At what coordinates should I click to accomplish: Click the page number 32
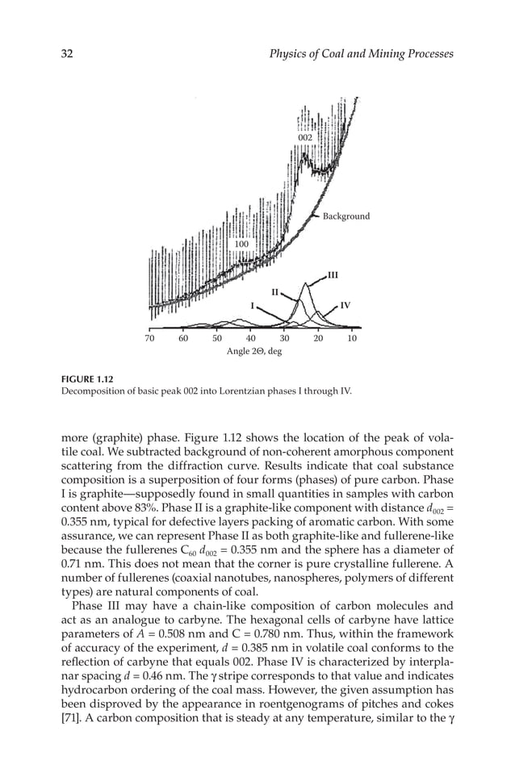click(68, 54)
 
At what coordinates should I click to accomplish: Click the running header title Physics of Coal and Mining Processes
click(361, 54)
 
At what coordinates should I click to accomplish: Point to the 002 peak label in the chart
click(304, 138)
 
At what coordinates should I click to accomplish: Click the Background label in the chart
click(346, 216)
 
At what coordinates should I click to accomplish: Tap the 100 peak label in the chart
click(241, 243)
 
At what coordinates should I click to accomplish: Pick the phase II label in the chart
click(274, 291)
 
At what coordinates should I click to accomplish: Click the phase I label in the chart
click(253, 306)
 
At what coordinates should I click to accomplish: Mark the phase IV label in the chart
click(345, 306)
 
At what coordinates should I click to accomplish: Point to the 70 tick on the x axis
click(149, 339)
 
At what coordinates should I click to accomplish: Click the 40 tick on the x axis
click(251, 339)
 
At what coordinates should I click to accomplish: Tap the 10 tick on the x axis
click(352, 339)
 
